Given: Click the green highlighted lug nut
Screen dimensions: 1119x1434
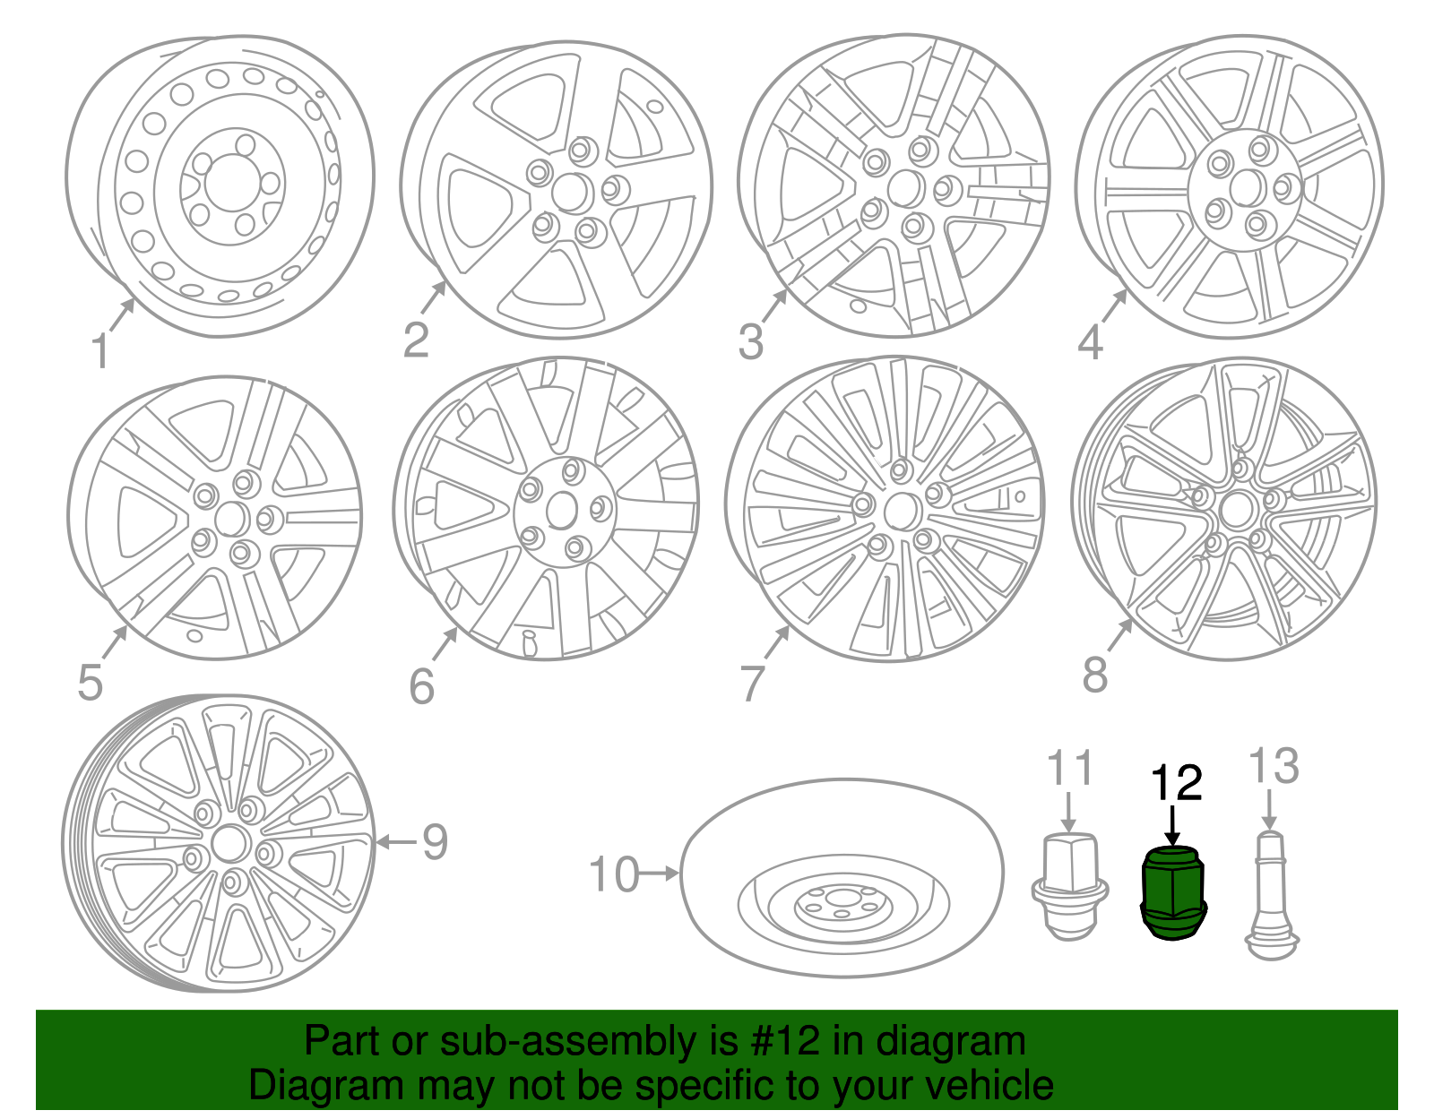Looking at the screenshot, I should tap(1173, 892).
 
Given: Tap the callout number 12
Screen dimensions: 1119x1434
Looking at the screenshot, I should tap(1176, 783).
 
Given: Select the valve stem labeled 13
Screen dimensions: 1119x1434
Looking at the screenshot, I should tap(1271, 896).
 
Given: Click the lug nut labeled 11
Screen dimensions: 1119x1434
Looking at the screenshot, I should tap(1069, 887).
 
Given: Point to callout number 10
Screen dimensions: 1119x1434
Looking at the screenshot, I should tap(614, 874).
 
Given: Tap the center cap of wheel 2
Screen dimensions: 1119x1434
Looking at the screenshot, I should tap(570, 192).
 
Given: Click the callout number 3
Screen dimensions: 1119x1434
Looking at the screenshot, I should tap(751, 341).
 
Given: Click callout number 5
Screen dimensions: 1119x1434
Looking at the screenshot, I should tap(91, 683).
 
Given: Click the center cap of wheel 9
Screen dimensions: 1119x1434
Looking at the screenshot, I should tap(229, 845).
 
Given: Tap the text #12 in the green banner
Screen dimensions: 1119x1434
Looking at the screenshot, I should tap(782, 1041).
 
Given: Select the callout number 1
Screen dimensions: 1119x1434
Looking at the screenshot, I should tap(99, 351).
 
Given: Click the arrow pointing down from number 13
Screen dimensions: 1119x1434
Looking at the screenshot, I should tap(1268, 811).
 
